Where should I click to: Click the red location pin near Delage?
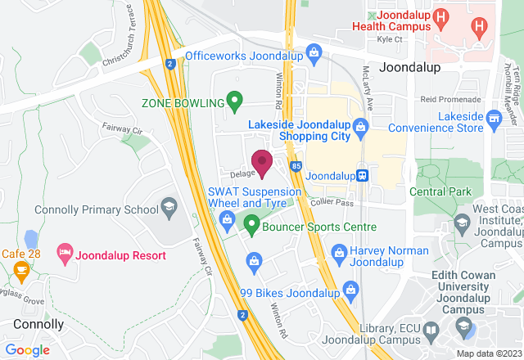[x=262, y=163]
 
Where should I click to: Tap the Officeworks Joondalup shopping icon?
[x=313, y=56]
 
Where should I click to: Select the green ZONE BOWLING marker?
[x=234, y=103]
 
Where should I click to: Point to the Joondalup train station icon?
[x=363, y=175]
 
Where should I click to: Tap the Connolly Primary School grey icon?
[x=169, y=205]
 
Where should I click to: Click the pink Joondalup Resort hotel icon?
[x=64, y=255]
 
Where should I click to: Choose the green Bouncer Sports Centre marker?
[x=252, y=223]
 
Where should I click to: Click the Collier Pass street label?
[x=332, y=202]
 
